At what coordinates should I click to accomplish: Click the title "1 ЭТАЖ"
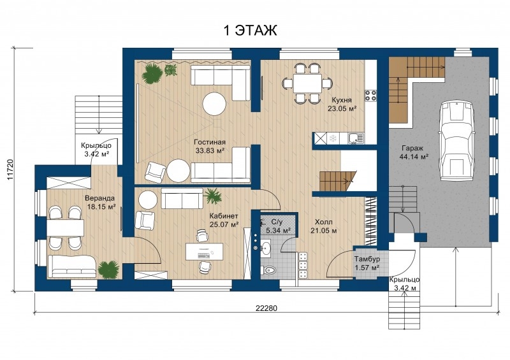click(x=250, y=30)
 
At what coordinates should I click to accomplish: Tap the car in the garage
click(x=456, y=140)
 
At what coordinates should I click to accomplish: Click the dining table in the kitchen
click(x=307, y=83)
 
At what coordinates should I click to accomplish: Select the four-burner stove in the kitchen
click(x=370, y=95)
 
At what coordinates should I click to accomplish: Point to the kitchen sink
click(x=356, y=138)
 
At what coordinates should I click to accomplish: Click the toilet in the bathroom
click(x=269, y=270)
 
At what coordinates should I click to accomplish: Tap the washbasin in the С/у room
click(x=266, y=247)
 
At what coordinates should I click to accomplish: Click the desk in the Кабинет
click(x=204, y=252)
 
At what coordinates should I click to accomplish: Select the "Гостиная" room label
click(x=210, y=142)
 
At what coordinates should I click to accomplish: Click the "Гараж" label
click(x=412, y=148)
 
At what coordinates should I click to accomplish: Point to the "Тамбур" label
click(x=367, y=259)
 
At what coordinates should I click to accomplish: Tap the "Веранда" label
click(x=100, y=198)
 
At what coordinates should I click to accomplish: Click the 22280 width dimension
click(x=266, y=308)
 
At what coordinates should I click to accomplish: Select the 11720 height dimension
click(x=10, y=169)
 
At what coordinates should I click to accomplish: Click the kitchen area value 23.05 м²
click(x=342, y=108)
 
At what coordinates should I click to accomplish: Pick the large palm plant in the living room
click(x=151, y=73)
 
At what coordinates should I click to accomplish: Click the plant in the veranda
click(x=108, y=270)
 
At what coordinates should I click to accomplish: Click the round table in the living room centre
click(x=214, y=104)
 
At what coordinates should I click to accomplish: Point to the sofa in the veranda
click(x=72, y=266)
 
